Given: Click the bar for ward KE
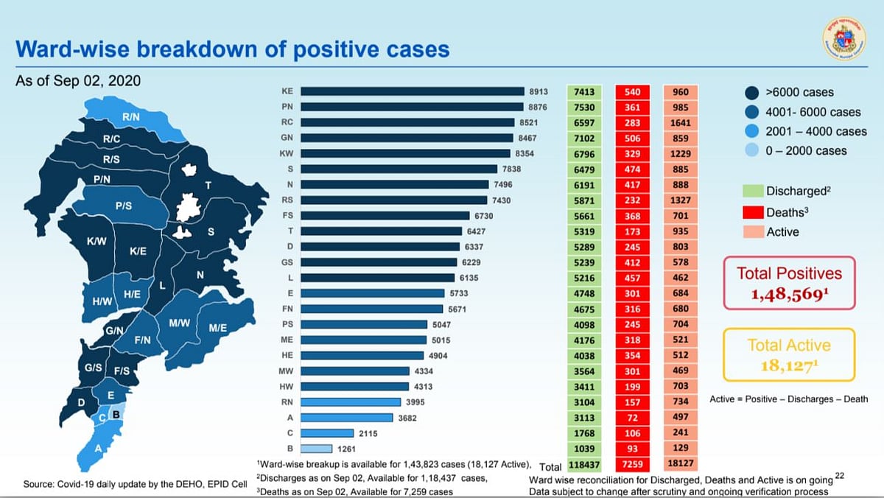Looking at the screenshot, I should click(413, 92).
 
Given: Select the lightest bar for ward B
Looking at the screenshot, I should click(317, 449).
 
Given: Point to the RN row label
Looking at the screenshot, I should click(287, 402).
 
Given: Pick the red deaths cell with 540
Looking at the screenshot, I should click(632, 92).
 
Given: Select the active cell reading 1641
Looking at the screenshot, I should click(681, 123).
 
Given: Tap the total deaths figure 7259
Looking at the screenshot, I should click(632, 466).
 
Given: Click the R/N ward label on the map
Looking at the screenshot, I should click(132, 117).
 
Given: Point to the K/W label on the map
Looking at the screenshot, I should click(97, 241).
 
